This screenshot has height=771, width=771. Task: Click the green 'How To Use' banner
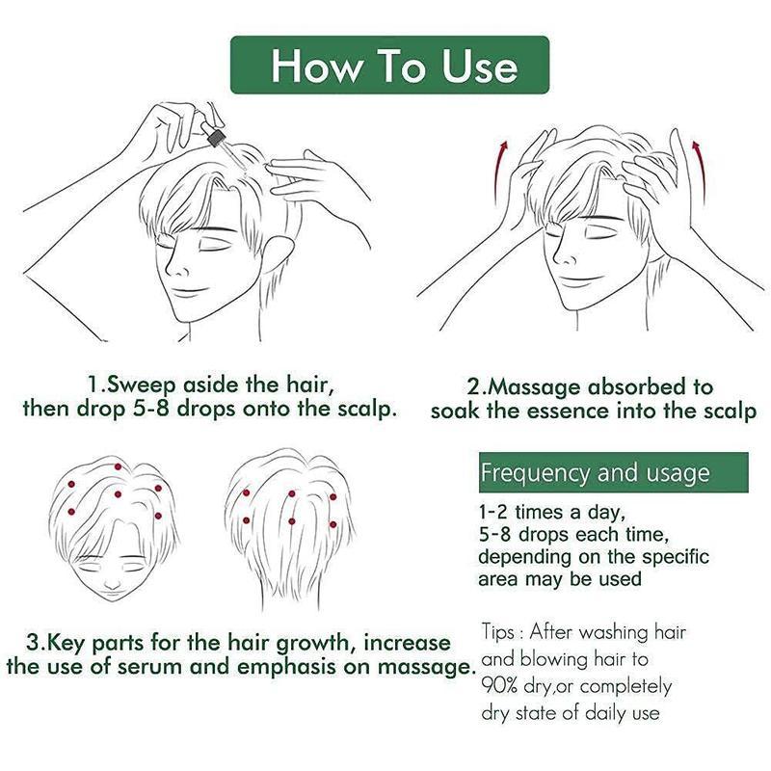(x=389, y=66)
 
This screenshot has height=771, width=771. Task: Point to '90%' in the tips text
(x=501, y=686)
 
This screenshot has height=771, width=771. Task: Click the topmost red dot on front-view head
(x=118, y=467)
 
